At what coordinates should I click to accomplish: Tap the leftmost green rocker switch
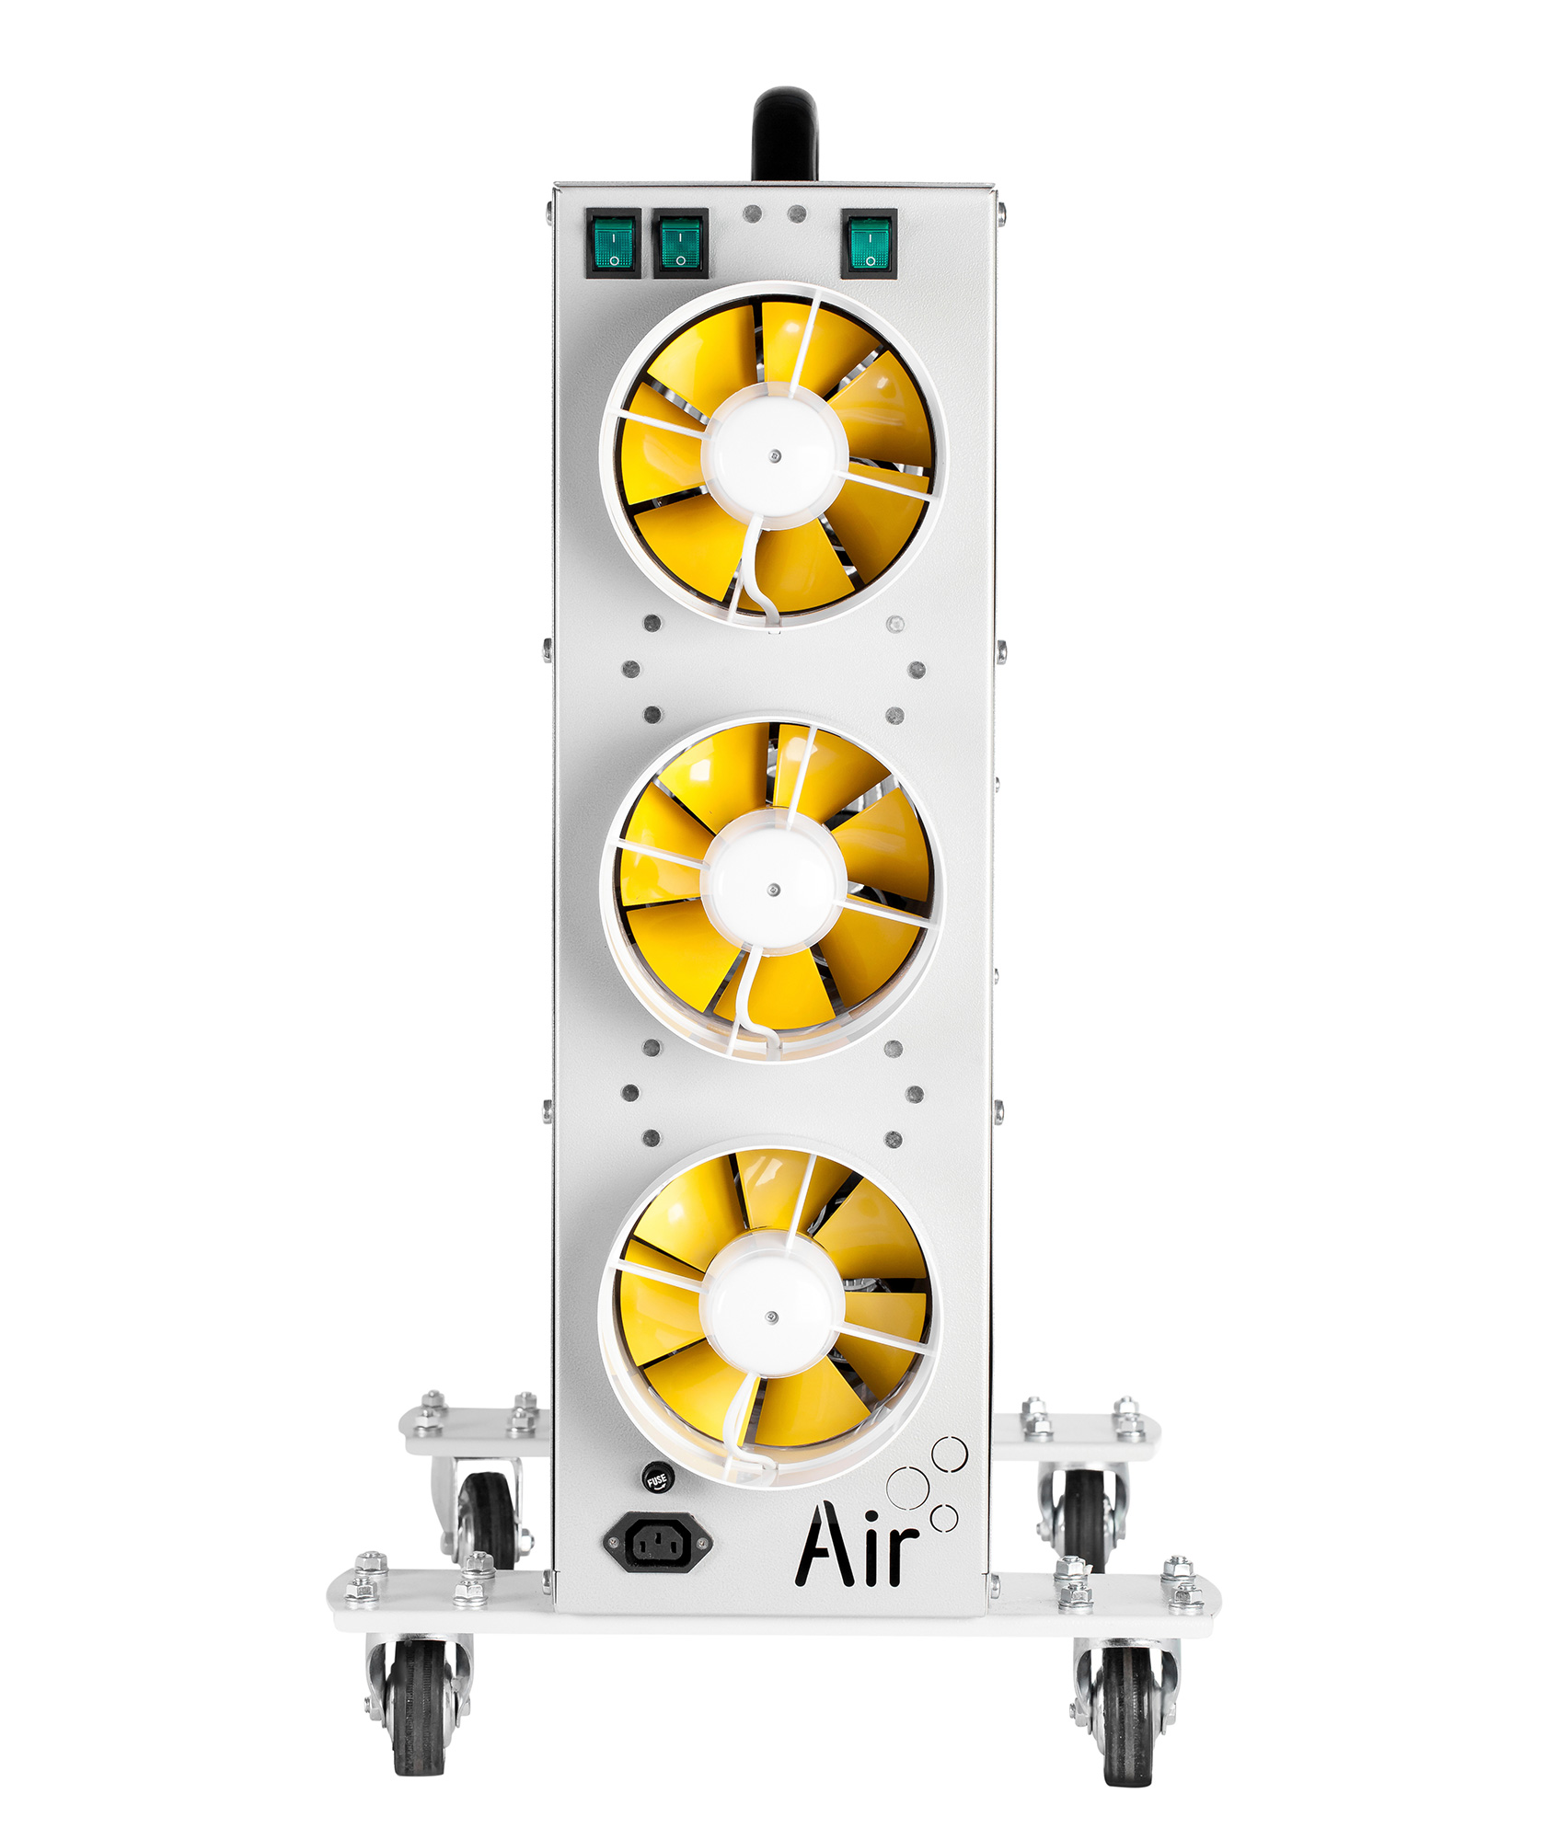point(614,244)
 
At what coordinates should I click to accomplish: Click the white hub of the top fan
point(774,454)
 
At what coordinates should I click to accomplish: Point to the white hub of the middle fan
point(773,889)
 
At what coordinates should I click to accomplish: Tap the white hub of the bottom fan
point(771,1316)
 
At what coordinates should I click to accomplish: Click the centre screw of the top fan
point(775,455)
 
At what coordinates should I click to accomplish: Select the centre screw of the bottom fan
point(772,1317)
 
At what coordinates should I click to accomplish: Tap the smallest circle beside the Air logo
point(944,1517)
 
